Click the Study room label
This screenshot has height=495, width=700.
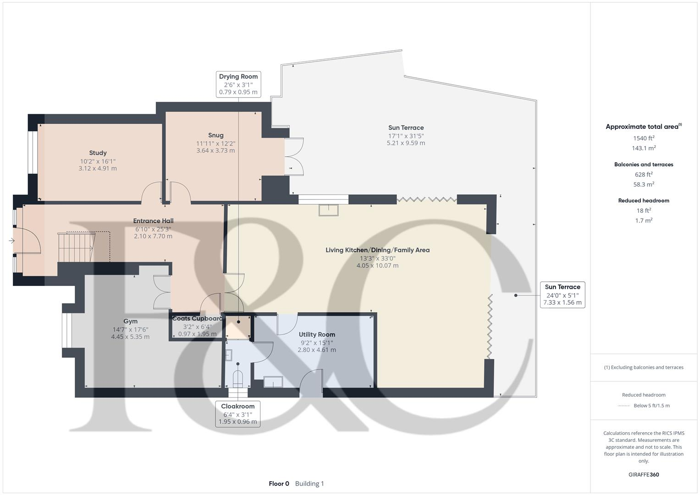(98, 153)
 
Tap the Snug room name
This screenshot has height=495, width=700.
(215, 135)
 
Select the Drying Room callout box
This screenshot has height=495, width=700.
(238, 84)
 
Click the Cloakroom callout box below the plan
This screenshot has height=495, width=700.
(237, 414)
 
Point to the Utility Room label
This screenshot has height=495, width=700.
(317, 335)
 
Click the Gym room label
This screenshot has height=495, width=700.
(130, 321)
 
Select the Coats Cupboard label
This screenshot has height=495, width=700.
(197, 319)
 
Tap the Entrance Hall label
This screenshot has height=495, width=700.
(153, 221)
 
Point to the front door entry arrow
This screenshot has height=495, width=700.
(11, 241)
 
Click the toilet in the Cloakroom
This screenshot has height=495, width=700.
(237, 378)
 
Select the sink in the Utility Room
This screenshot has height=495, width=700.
(273, 381)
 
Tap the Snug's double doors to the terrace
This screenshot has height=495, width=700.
(294, 156)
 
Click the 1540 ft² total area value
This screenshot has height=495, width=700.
(644, 138)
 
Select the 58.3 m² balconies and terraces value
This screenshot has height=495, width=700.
(644, 184)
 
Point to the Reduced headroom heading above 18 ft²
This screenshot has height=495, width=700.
(644, 201)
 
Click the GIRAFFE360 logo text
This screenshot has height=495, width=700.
(644, 474)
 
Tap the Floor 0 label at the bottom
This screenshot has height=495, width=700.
(279, 484)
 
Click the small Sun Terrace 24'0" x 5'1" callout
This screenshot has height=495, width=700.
(562, 295)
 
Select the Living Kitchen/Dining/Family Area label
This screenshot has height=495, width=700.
(377, 250)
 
